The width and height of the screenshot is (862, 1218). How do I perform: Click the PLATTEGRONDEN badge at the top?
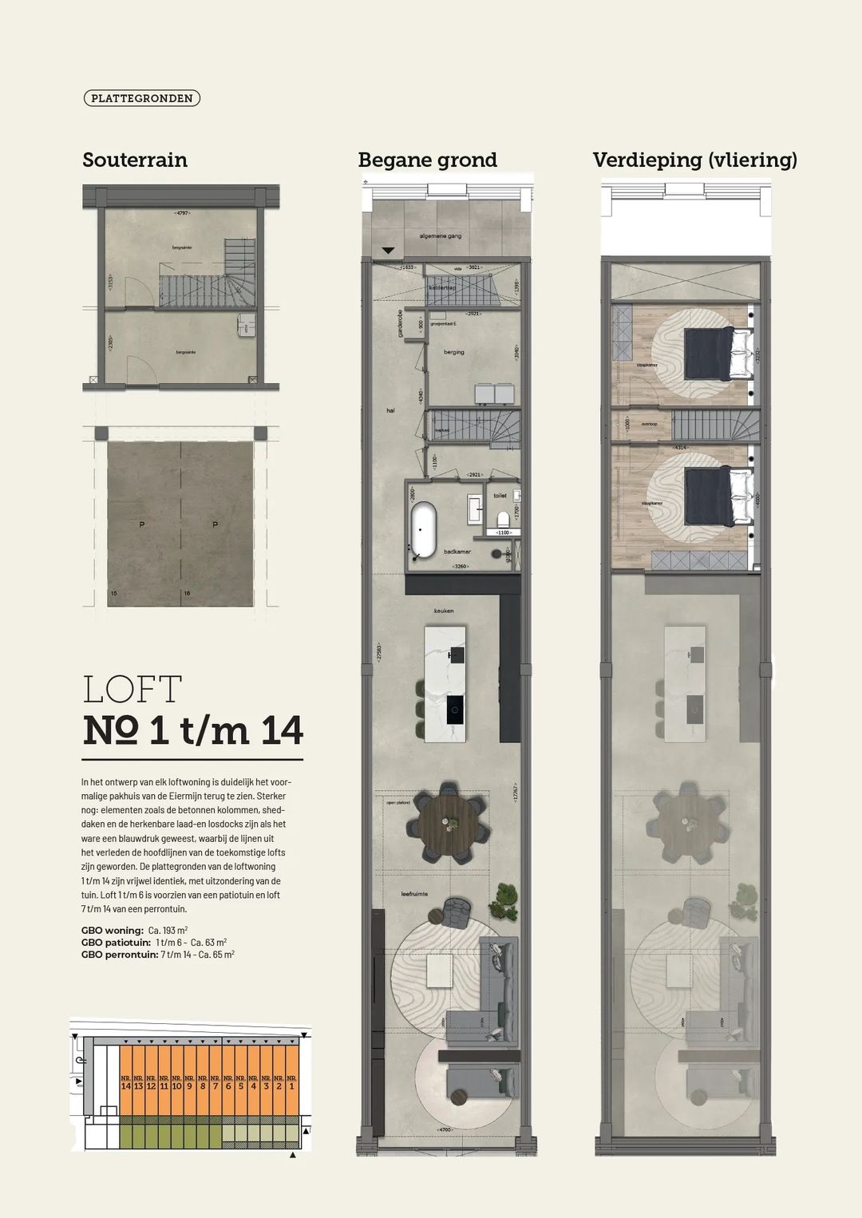pyautogui.click(x=141, y=98)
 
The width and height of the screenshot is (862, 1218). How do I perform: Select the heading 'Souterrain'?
pyautogui.click(x=135, y=160)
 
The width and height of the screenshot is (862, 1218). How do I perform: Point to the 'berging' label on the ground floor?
pyautogui.click(x=454, y=352)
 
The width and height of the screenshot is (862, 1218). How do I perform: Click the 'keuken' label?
pyautogui.click(x=444, y=611)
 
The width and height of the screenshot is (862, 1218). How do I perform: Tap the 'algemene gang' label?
pyautogui.click(x=441, y=236)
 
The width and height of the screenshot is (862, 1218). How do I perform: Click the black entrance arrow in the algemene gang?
pyautogui.click(x=388, y=251)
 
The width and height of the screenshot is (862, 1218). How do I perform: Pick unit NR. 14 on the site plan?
pyautogui.click(x=125, y=1083)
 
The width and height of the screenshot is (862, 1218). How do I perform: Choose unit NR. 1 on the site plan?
pyautogui.click(x=291, y=1083)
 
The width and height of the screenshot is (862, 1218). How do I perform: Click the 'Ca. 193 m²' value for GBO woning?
pyautogui.click(x=168, y=931)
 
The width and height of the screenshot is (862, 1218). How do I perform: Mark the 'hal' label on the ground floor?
pyautogui.click(x=390, y=410)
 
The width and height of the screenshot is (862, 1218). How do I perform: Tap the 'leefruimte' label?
pyautogui.click(x=414, y=894)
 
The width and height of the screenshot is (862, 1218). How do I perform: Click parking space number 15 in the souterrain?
pyautogui.click(x=114, y=594)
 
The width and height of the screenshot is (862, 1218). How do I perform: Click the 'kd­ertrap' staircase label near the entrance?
pyautogui.click(x=441, y=287)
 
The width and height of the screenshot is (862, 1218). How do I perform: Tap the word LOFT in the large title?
pyautogui.click(x=132, y=690)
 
